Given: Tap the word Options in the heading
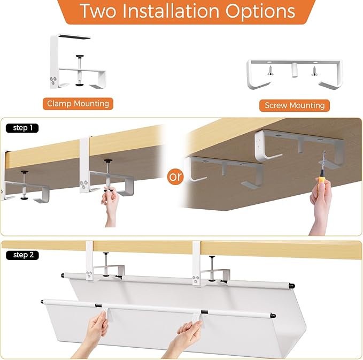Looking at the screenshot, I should pos(265,11).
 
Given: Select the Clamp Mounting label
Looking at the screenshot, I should pos(78,103).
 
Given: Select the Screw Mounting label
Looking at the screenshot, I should pos(295,105).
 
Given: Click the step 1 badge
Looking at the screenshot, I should pos(22,128).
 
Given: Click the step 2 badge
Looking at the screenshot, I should pos(23,255).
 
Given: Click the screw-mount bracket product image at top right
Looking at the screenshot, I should pos(294,74).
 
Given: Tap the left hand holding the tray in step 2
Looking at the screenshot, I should pos(98,327).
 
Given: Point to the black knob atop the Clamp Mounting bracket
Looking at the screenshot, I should pos(80,56).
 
